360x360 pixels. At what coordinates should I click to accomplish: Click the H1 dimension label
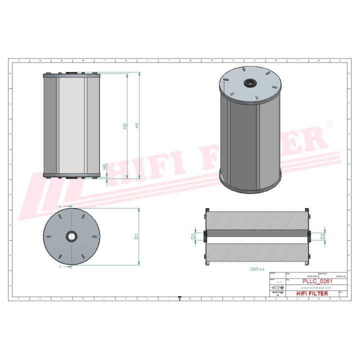pos(136,126)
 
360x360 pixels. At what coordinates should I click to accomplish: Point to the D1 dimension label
pos(136,236)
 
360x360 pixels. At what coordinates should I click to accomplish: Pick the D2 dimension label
pos(322,235)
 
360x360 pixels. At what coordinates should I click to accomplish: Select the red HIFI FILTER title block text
pos(312,293)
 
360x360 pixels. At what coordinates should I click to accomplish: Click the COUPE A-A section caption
pos(258,269)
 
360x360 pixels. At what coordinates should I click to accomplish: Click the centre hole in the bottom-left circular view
pos(71,235)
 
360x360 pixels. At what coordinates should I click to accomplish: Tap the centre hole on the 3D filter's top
pos(249,82)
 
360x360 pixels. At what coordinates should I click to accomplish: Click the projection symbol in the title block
pos(276,288)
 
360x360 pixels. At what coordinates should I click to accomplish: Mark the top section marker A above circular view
pos(60,205)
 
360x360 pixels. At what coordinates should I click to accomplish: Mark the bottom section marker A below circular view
pos(60,267)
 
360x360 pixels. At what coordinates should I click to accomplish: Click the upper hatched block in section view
pos(256,220)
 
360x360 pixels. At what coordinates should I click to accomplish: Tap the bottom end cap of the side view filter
pos(71,175)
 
